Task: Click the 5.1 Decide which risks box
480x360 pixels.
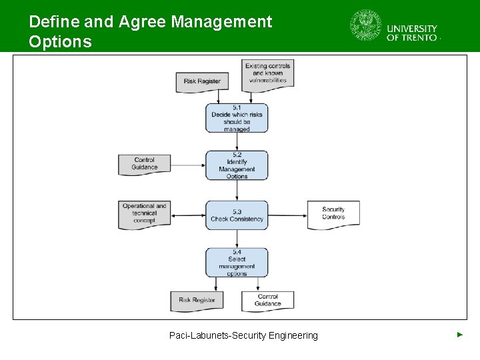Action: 237,118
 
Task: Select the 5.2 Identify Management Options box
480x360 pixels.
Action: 237,165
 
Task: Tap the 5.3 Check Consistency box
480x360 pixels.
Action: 237,215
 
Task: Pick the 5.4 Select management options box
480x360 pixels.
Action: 237,263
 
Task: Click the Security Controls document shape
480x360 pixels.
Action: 333,214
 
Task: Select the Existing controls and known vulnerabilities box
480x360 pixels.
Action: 267,73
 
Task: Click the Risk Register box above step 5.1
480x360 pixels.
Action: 202,81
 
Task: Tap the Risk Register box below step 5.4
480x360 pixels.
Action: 197,300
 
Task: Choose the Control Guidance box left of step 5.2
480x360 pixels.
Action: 144,164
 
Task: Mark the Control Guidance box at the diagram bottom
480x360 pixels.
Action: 267,300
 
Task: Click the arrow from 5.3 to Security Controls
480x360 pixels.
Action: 287,215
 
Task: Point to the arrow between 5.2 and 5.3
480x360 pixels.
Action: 237,191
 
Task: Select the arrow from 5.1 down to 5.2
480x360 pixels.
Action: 237,141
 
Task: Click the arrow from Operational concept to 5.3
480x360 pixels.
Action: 187,215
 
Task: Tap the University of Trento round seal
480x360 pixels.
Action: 366,26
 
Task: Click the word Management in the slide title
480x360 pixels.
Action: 221,21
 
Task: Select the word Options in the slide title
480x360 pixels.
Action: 61,42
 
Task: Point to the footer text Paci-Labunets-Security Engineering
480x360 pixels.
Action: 243,335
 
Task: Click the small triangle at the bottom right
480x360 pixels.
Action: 459,334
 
